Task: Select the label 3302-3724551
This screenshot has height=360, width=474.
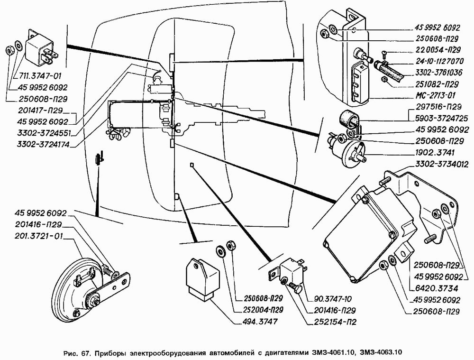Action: [43, 132]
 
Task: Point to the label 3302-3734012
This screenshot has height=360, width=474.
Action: [442, 165]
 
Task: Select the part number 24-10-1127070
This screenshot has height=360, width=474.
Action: [438, 61]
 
